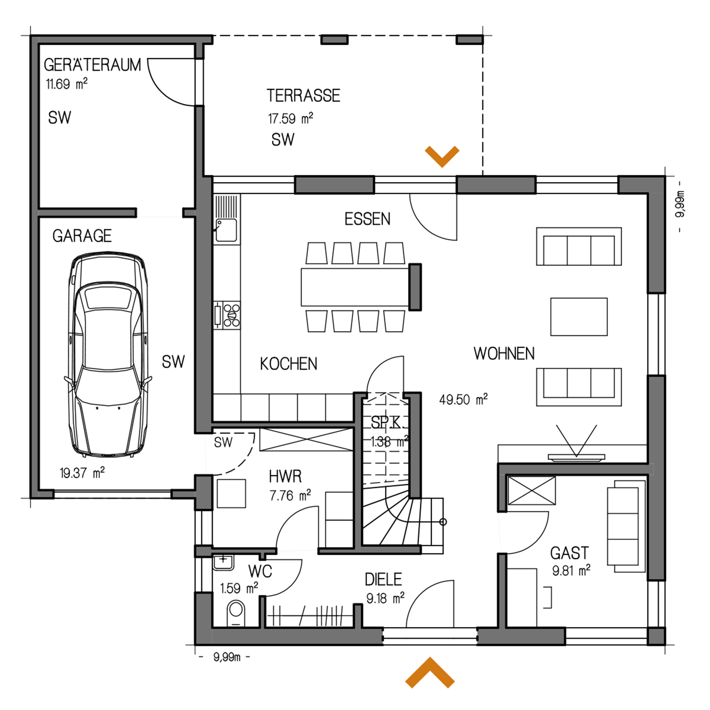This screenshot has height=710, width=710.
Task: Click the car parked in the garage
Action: pos(108,354)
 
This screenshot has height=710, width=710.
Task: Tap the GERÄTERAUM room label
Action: pos(92,65)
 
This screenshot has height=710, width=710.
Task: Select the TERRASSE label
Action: pos(304,95)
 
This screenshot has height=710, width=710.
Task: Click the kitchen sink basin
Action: pos(226,230)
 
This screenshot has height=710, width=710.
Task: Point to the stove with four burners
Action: pos(231,315)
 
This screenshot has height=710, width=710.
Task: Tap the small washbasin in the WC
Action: pos(223,563)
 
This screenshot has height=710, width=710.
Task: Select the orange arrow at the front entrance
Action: pos(430,672)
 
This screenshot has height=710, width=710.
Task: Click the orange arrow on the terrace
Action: pos(442,156)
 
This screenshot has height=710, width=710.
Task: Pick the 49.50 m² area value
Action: pos(463,399)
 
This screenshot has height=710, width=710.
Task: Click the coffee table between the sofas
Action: pos(579,317)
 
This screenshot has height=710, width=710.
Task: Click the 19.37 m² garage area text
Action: pos(82,473)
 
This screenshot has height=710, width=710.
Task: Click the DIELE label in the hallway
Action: pos(383,580)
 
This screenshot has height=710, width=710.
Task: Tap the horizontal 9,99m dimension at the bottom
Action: pos(227,657)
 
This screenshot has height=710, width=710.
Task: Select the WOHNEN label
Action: pos(504,354)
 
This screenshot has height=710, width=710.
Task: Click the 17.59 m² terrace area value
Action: pos(290,118)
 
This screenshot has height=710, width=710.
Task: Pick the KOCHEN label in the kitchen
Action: pos(289,364)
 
